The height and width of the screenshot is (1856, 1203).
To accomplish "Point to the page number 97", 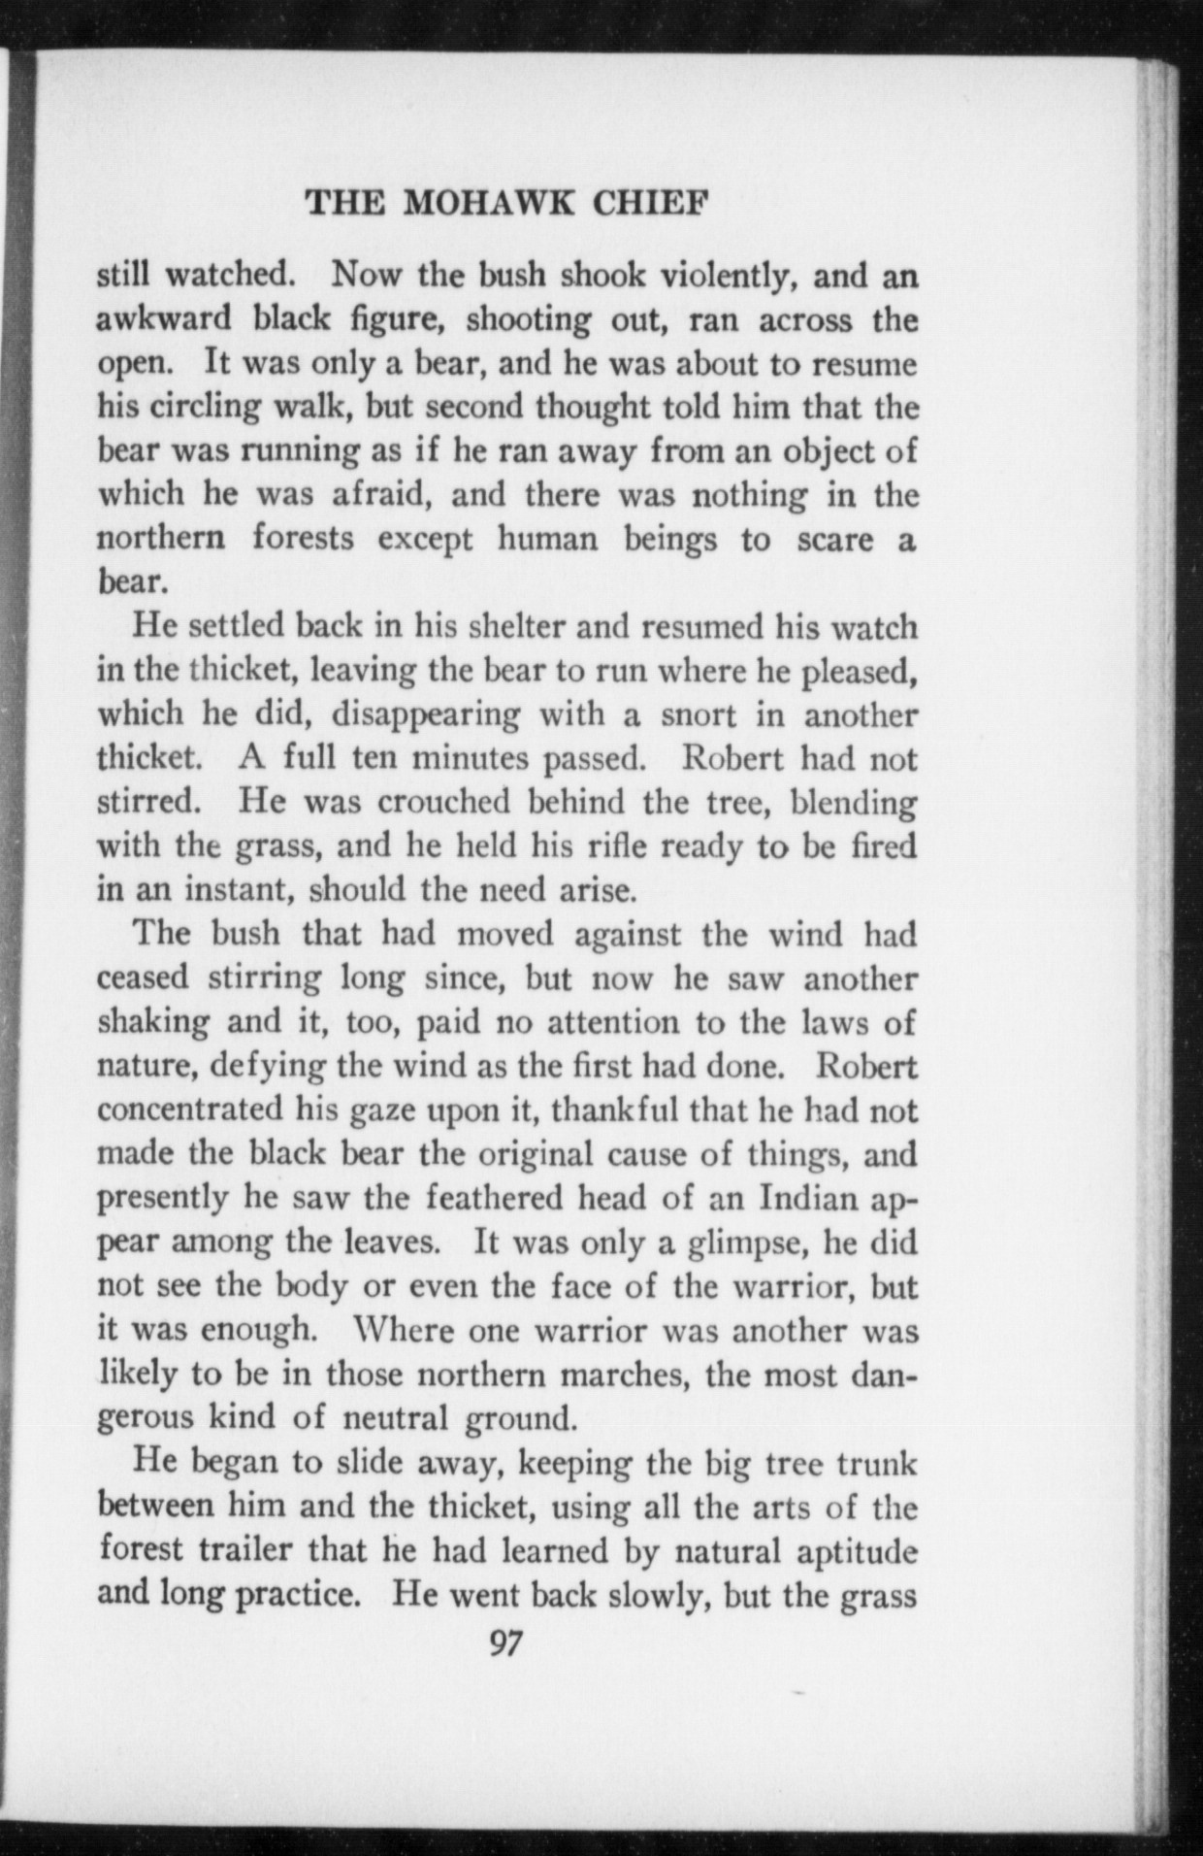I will click(506, 1644).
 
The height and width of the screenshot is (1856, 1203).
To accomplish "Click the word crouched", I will click(443, 803).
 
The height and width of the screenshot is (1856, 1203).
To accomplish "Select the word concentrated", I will click(188, 1110).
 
